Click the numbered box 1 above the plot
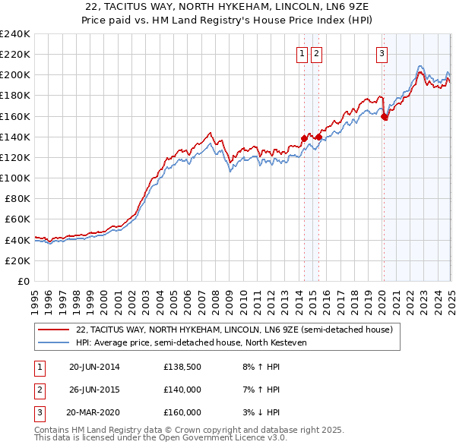tap(302, 53)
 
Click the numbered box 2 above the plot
tap(316, 53)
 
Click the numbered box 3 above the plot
tap(382, 53)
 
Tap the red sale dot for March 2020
tap(385, 117)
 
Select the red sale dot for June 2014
tap(304, 138)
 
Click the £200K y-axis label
tap(15, 75)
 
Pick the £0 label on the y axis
tap(23, 281)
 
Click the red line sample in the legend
tap(54, 330)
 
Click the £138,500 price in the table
tap(182, 367)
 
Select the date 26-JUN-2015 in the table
tap(94, 390)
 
